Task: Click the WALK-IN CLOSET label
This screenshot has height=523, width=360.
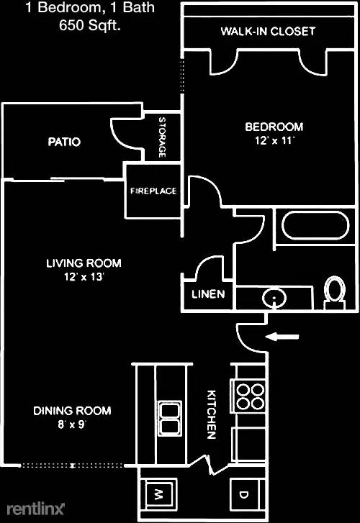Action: pos(268,32)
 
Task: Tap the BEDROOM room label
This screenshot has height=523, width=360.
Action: pos(274,127)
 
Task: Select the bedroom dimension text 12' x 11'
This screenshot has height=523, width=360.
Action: pos(274,141)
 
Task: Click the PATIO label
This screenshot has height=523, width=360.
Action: pos(64,142)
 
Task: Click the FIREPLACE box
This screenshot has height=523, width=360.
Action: pos(153,191)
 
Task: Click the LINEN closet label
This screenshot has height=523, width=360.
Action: pos(208,294)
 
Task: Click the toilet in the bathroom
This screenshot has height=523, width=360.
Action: pos(334,292)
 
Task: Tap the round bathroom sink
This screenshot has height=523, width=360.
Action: pos(273,297)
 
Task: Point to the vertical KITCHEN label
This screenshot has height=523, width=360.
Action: pos(212,414)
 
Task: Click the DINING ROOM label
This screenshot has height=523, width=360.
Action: pos(72,411)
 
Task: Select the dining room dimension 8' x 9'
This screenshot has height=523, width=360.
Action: pos(72,424)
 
